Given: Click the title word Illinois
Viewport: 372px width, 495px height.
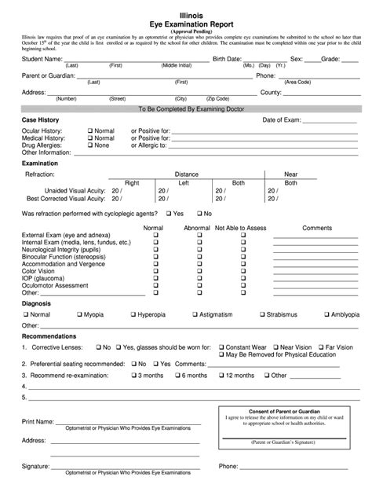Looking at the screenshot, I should click(186, 11).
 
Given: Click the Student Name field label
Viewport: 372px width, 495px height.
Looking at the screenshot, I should click(42, 59).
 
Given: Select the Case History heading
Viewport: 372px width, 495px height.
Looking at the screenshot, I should click(41, 119).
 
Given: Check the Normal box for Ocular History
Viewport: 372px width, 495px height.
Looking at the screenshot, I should click(90, 130).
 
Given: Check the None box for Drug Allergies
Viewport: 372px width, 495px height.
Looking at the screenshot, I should click(90, 145).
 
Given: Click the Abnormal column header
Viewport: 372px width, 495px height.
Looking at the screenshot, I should click(197, 227).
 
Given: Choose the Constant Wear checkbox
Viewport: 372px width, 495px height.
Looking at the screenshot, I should click(222, 346).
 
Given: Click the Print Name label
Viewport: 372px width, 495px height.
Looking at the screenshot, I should click(38, 422).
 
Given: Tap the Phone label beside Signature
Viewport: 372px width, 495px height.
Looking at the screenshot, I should click(228, 466).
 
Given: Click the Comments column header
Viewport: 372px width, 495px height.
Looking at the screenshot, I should click(317, 227).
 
